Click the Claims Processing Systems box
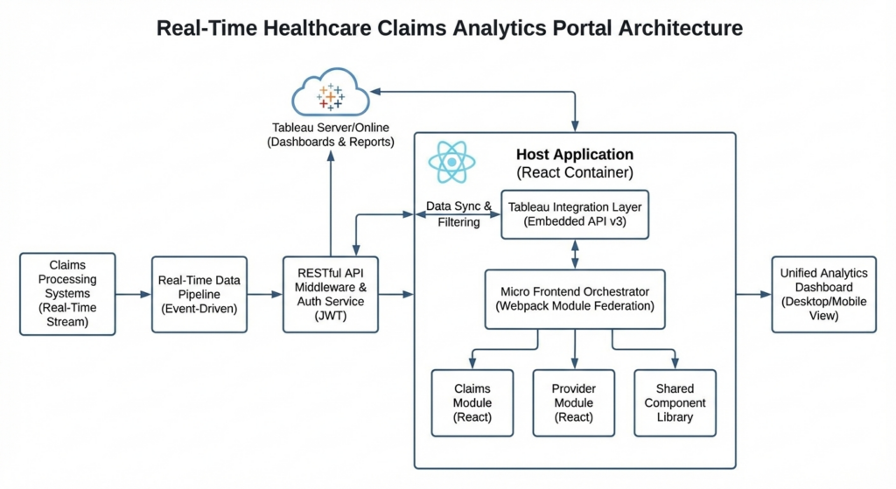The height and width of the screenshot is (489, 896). (67, 294)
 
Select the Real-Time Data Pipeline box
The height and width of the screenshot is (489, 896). (199, 294)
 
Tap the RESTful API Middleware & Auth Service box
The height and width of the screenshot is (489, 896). (331, 294)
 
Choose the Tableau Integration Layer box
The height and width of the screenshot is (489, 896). (574, 214)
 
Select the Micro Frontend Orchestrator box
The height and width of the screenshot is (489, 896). (574, 299)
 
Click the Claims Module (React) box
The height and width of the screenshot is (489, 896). (472, 402)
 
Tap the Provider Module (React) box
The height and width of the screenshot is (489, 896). (574, 402)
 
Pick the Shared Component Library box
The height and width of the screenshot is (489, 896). (675, 402)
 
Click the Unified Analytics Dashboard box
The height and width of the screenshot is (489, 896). (823, 294)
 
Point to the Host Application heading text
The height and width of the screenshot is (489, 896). (574, 156)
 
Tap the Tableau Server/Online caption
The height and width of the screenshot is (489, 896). (330, 135)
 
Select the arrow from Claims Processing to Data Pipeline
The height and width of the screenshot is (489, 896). (134, 295)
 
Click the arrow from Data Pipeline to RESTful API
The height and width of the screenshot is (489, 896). (265, 295)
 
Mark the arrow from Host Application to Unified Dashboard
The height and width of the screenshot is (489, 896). (753, 295)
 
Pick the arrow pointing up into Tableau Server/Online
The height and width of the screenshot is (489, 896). (331, 201)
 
